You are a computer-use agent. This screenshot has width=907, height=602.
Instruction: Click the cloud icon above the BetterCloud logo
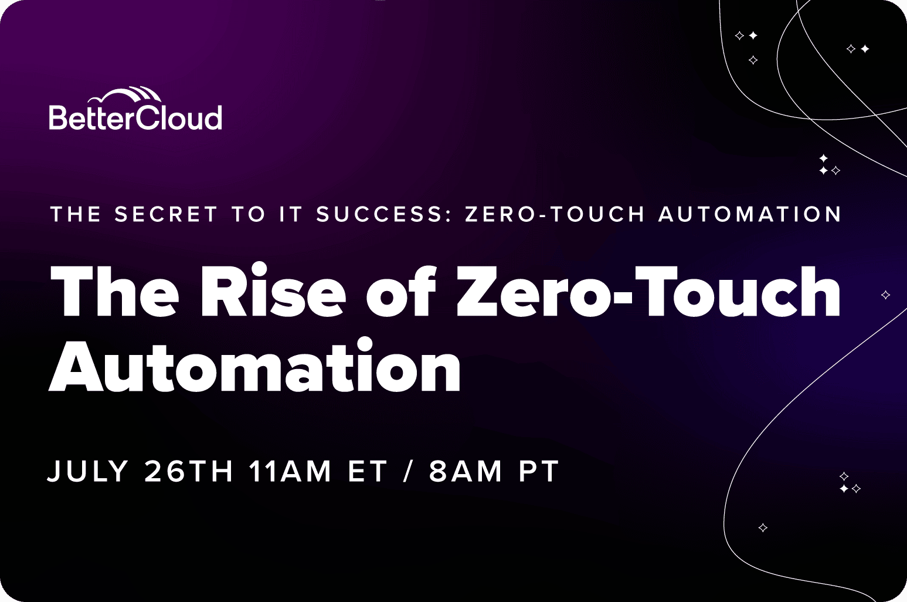tap(125, 95)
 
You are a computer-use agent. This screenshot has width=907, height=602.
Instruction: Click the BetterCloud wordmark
tap(135, 117)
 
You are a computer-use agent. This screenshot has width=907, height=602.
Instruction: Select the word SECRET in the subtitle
tap(166, 214)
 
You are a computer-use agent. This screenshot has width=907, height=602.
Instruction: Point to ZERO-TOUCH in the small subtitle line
tap(554, 214)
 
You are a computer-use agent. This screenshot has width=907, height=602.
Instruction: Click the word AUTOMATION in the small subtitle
tap(750, 214)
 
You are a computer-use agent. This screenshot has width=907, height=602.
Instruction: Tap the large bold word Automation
tap(254, 366)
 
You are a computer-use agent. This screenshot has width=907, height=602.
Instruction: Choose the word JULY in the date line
tap(88, 471)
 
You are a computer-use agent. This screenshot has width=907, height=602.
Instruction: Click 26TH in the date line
tap(189, 471)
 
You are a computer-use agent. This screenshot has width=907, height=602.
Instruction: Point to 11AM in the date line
tap(290, 471)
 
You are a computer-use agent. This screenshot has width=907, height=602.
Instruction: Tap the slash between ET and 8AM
tap(408, 471)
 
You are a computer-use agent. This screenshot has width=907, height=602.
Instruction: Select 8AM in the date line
tap(466, 471)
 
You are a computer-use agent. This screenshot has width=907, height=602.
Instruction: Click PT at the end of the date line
tap(539, 471)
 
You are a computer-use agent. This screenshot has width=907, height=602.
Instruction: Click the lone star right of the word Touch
tap(885, 295)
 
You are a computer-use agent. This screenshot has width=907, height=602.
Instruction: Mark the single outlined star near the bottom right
tap(763, 527)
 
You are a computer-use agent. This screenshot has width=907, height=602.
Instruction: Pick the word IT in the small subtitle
tap(291, 214)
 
